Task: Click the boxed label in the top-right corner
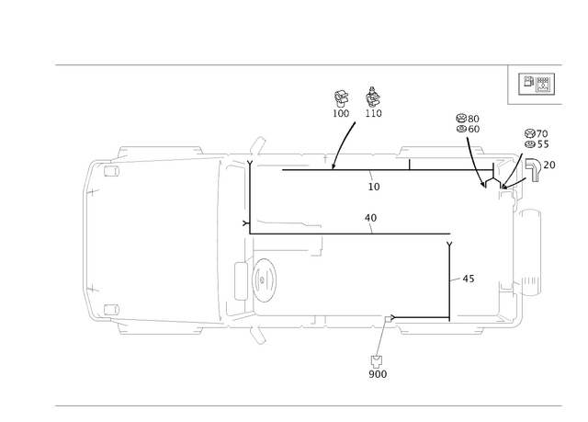tap(534, 85)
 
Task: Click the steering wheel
tap(261, 276)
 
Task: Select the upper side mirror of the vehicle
tap(257, 145)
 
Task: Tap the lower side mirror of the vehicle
tap(258, 335)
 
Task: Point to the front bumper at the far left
tap(87, 238)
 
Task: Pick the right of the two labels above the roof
tap(373, 98)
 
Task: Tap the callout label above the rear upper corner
tap(468, 120)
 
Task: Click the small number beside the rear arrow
tap(550, 164)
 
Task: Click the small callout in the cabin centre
tap(371, 219)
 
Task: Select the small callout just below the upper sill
tap(373, 184)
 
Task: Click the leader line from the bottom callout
tap(383, 336)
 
